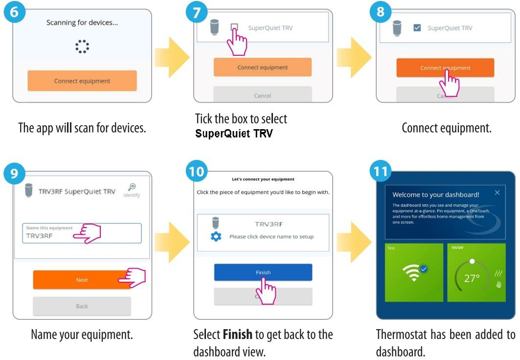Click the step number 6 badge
point(15,12)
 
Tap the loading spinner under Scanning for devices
point(82,46)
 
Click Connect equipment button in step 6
point(82,81)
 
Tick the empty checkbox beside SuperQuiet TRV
point(234,28)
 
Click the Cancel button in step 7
point(263,95)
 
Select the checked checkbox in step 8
point(417,28)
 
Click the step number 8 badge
point(380,12)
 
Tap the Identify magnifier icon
point(132,187)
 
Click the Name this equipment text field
point(82,233)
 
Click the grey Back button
point(82,306)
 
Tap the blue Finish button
point(263,272)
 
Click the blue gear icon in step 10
point(216,236)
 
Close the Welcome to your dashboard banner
point(497,193)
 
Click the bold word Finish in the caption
point(238,335)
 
